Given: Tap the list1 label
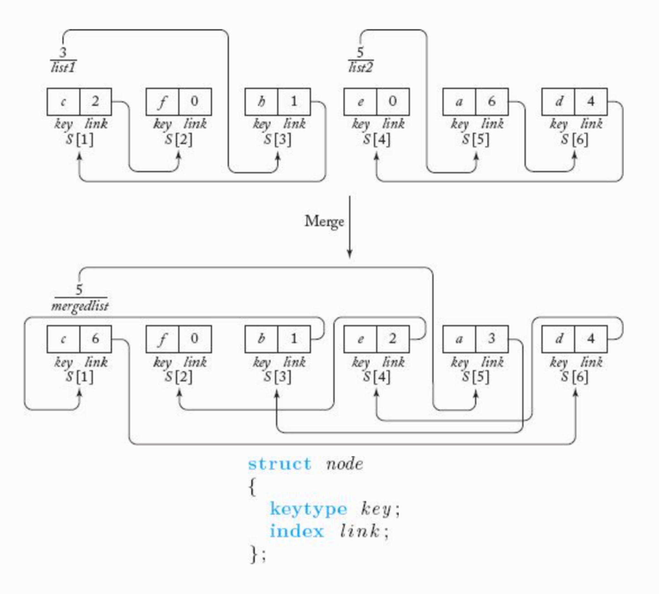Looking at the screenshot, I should point(63,68).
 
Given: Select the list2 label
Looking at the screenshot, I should point(360,68).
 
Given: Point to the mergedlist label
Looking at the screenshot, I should point(80,306).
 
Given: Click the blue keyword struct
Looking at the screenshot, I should point(280,464).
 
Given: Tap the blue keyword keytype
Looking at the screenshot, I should point(308,509).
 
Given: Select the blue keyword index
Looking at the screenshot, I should point(297,531).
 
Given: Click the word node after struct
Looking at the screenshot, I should point(345,464).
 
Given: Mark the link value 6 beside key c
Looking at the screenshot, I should point(95,338).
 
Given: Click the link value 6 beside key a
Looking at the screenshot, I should point(492,101).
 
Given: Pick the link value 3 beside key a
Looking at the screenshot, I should point(492,338).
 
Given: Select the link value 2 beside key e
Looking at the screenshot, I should point(393,338).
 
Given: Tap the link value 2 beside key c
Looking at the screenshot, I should point(95,101).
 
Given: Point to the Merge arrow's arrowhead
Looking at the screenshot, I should point(349,254).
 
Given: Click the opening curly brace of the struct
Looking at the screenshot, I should point(252,487).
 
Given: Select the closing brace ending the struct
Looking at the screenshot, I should point(254,554).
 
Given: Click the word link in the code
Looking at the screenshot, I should point(360,531).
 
